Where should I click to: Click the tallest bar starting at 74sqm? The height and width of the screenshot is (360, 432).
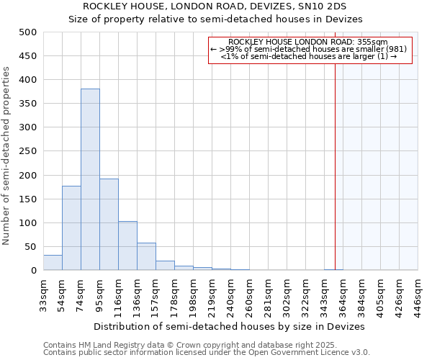90,180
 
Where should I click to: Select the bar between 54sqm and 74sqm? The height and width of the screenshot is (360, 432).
71,228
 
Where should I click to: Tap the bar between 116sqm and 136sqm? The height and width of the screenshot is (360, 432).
127,246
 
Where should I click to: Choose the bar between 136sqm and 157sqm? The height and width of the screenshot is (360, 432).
146,256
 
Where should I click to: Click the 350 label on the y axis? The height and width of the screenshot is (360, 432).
27,104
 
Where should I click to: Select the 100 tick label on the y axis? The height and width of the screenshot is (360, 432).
27,223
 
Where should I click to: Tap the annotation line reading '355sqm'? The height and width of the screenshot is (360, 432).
310,42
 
